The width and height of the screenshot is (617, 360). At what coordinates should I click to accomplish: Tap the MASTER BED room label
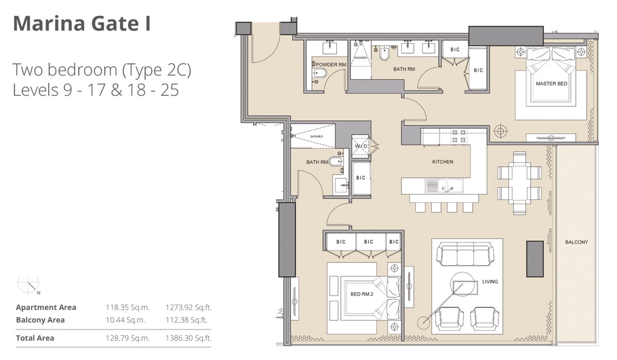(551, 83)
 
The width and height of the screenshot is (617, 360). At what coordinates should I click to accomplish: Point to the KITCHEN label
(442, 162)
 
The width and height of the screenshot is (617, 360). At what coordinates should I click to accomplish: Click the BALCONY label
(576, 242)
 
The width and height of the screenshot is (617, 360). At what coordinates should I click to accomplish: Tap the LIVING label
(490, 281)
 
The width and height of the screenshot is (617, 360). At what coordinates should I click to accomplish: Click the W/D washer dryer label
(361, 147)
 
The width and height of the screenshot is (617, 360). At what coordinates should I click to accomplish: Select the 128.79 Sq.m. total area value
(127, 338)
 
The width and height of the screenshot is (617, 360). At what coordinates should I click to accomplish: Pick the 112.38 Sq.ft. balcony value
(188, 320)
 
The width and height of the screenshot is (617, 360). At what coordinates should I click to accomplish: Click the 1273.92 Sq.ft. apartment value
(188, 308)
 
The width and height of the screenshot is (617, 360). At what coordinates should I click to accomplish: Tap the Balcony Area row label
(40, 320)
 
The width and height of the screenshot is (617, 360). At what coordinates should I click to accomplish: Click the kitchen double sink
(444, 185)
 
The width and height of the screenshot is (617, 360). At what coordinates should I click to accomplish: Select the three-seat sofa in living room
(461, 255)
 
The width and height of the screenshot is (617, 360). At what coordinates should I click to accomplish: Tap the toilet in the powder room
(318, 75)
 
